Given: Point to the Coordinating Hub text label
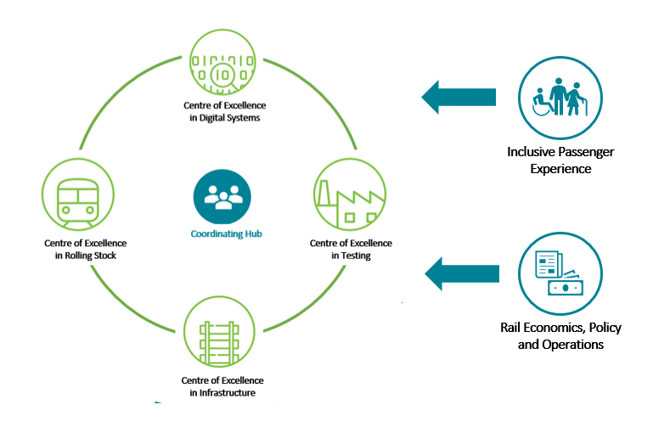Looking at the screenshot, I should point(223,233).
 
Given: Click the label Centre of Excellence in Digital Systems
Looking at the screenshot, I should point(224,111).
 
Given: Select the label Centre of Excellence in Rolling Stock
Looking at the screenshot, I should point(79,248).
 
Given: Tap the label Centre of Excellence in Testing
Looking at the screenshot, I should point(351,249).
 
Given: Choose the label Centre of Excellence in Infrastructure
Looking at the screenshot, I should point(222,386).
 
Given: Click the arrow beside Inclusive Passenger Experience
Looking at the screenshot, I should point(459,96).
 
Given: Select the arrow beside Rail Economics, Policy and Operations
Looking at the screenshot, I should point(461,273).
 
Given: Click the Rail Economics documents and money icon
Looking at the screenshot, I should point(560,273).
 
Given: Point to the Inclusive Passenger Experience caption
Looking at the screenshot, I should point(560,160).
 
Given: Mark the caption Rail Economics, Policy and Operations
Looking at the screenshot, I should point(560,336).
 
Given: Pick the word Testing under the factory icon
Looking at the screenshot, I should point(352,256).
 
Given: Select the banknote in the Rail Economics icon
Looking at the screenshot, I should point(566,288).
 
